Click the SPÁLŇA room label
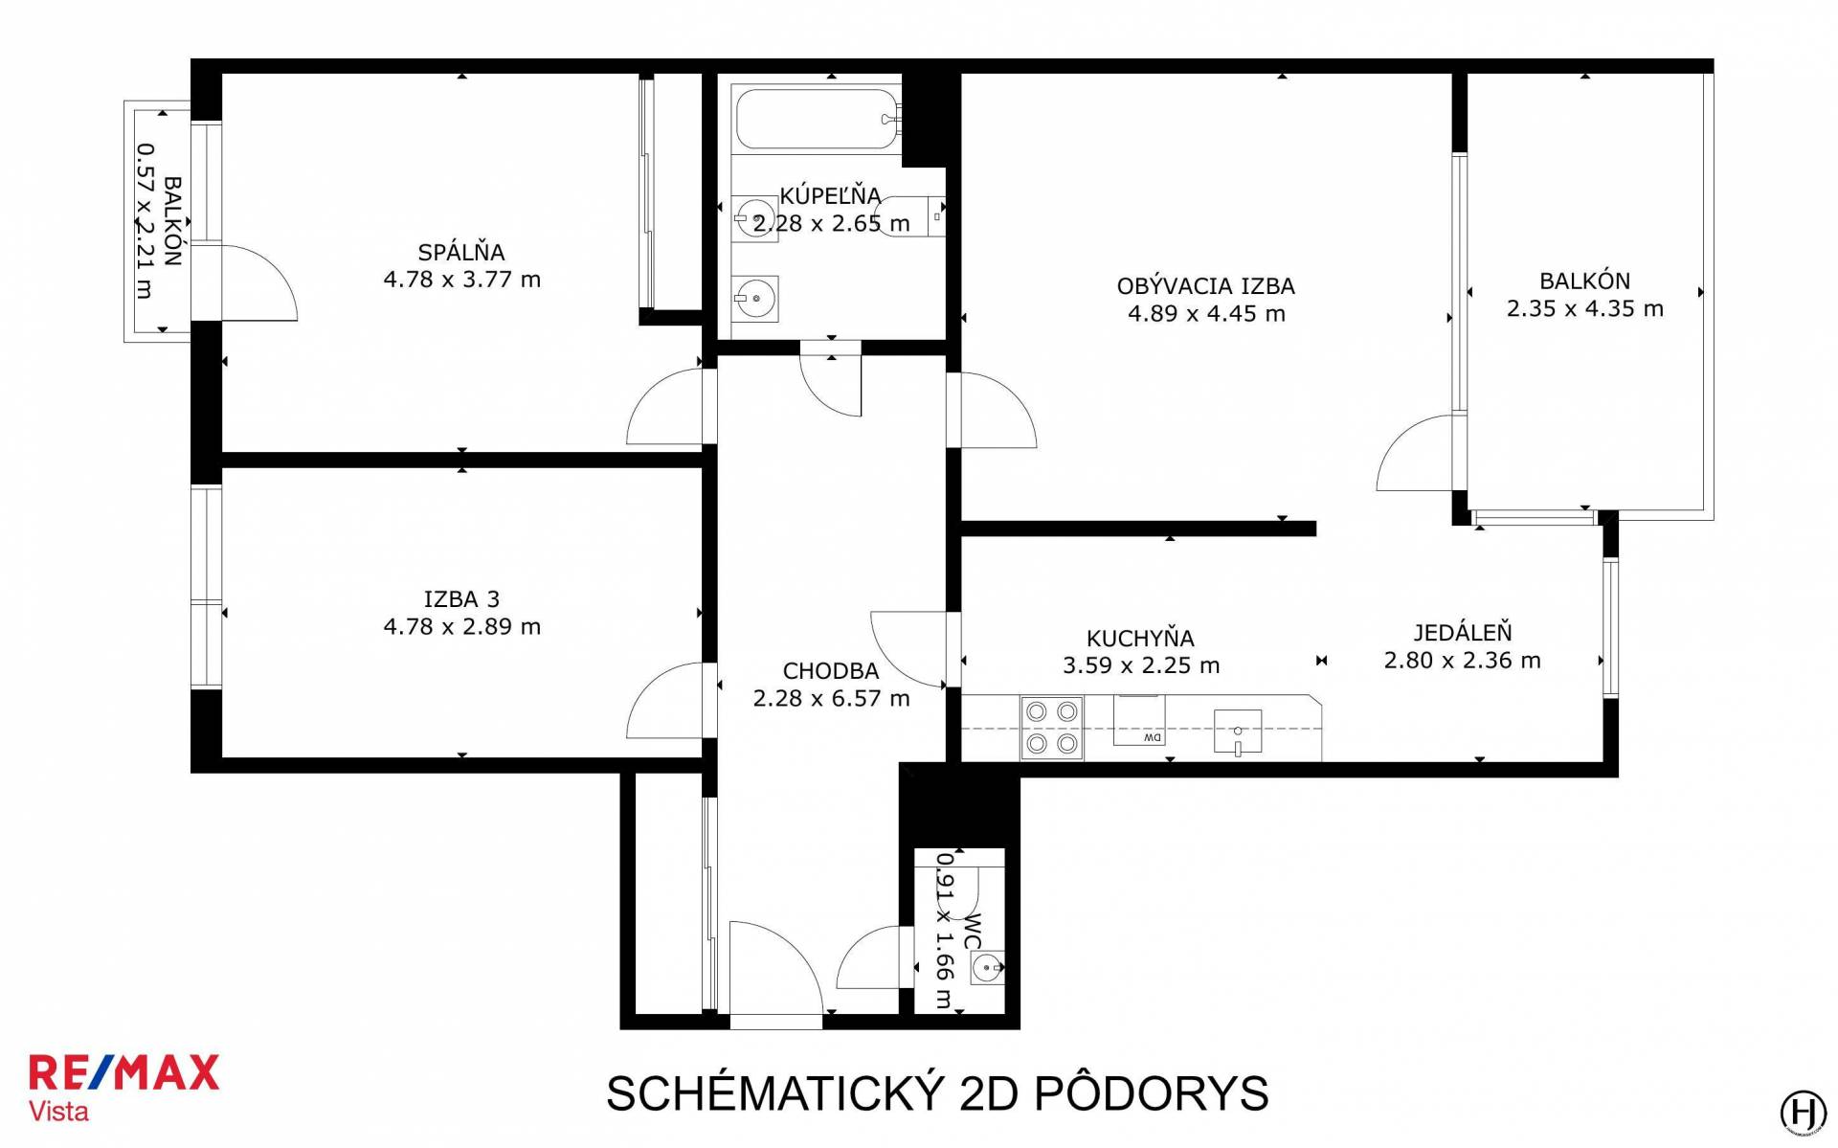(461, 252)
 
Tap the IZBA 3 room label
(461, 599)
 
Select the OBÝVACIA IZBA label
(1206, 285)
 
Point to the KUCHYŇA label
(1140, 638)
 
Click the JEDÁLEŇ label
(1463, 632)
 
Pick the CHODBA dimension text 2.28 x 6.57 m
(831, 699)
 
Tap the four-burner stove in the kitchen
(1052, 728)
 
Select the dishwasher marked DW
(1139, 720)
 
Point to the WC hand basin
(987, 968)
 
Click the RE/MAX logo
(123, 1073)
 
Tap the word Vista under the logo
(58, 1112)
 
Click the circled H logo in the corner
(1804, 1113)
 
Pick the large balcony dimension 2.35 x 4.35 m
(1585, 309)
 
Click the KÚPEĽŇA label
(830, 195)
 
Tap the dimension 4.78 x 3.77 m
(461, 280)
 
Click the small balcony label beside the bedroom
(172, 221)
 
